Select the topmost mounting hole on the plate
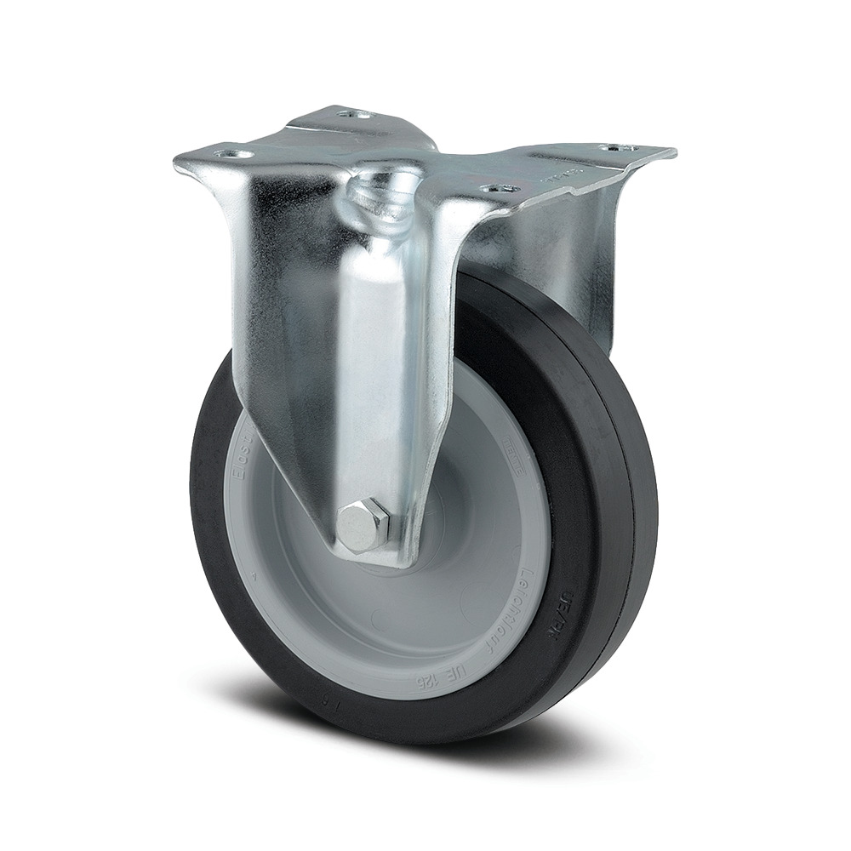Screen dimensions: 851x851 [352, 113]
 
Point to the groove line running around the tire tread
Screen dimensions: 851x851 [625, 511]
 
